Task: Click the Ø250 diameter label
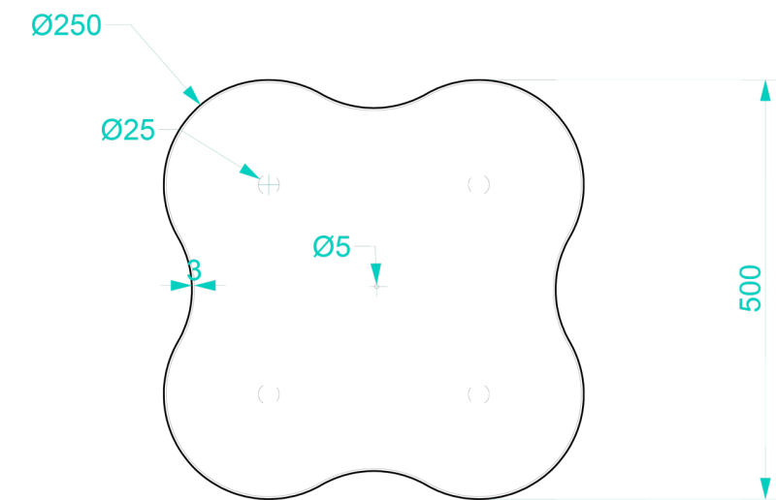66,25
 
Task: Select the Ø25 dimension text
128,130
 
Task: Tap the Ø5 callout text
332,246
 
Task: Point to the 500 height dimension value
750,289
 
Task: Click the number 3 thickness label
195,270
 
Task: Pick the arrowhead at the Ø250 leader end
191,94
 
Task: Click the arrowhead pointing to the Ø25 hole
249,172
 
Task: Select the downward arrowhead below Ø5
375,273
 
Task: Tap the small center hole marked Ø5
376,287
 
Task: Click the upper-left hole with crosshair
269,184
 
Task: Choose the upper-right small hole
478,184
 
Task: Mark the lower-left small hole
269,394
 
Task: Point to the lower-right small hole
478,394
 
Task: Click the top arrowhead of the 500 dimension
765,90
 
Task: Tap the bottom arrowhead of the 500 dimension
765,488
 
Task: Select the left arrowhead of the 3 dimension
180,285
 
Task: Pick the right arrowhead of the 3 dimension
205,285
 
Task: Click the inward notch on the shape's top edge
373,108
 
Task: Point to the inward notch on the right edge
556,290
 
